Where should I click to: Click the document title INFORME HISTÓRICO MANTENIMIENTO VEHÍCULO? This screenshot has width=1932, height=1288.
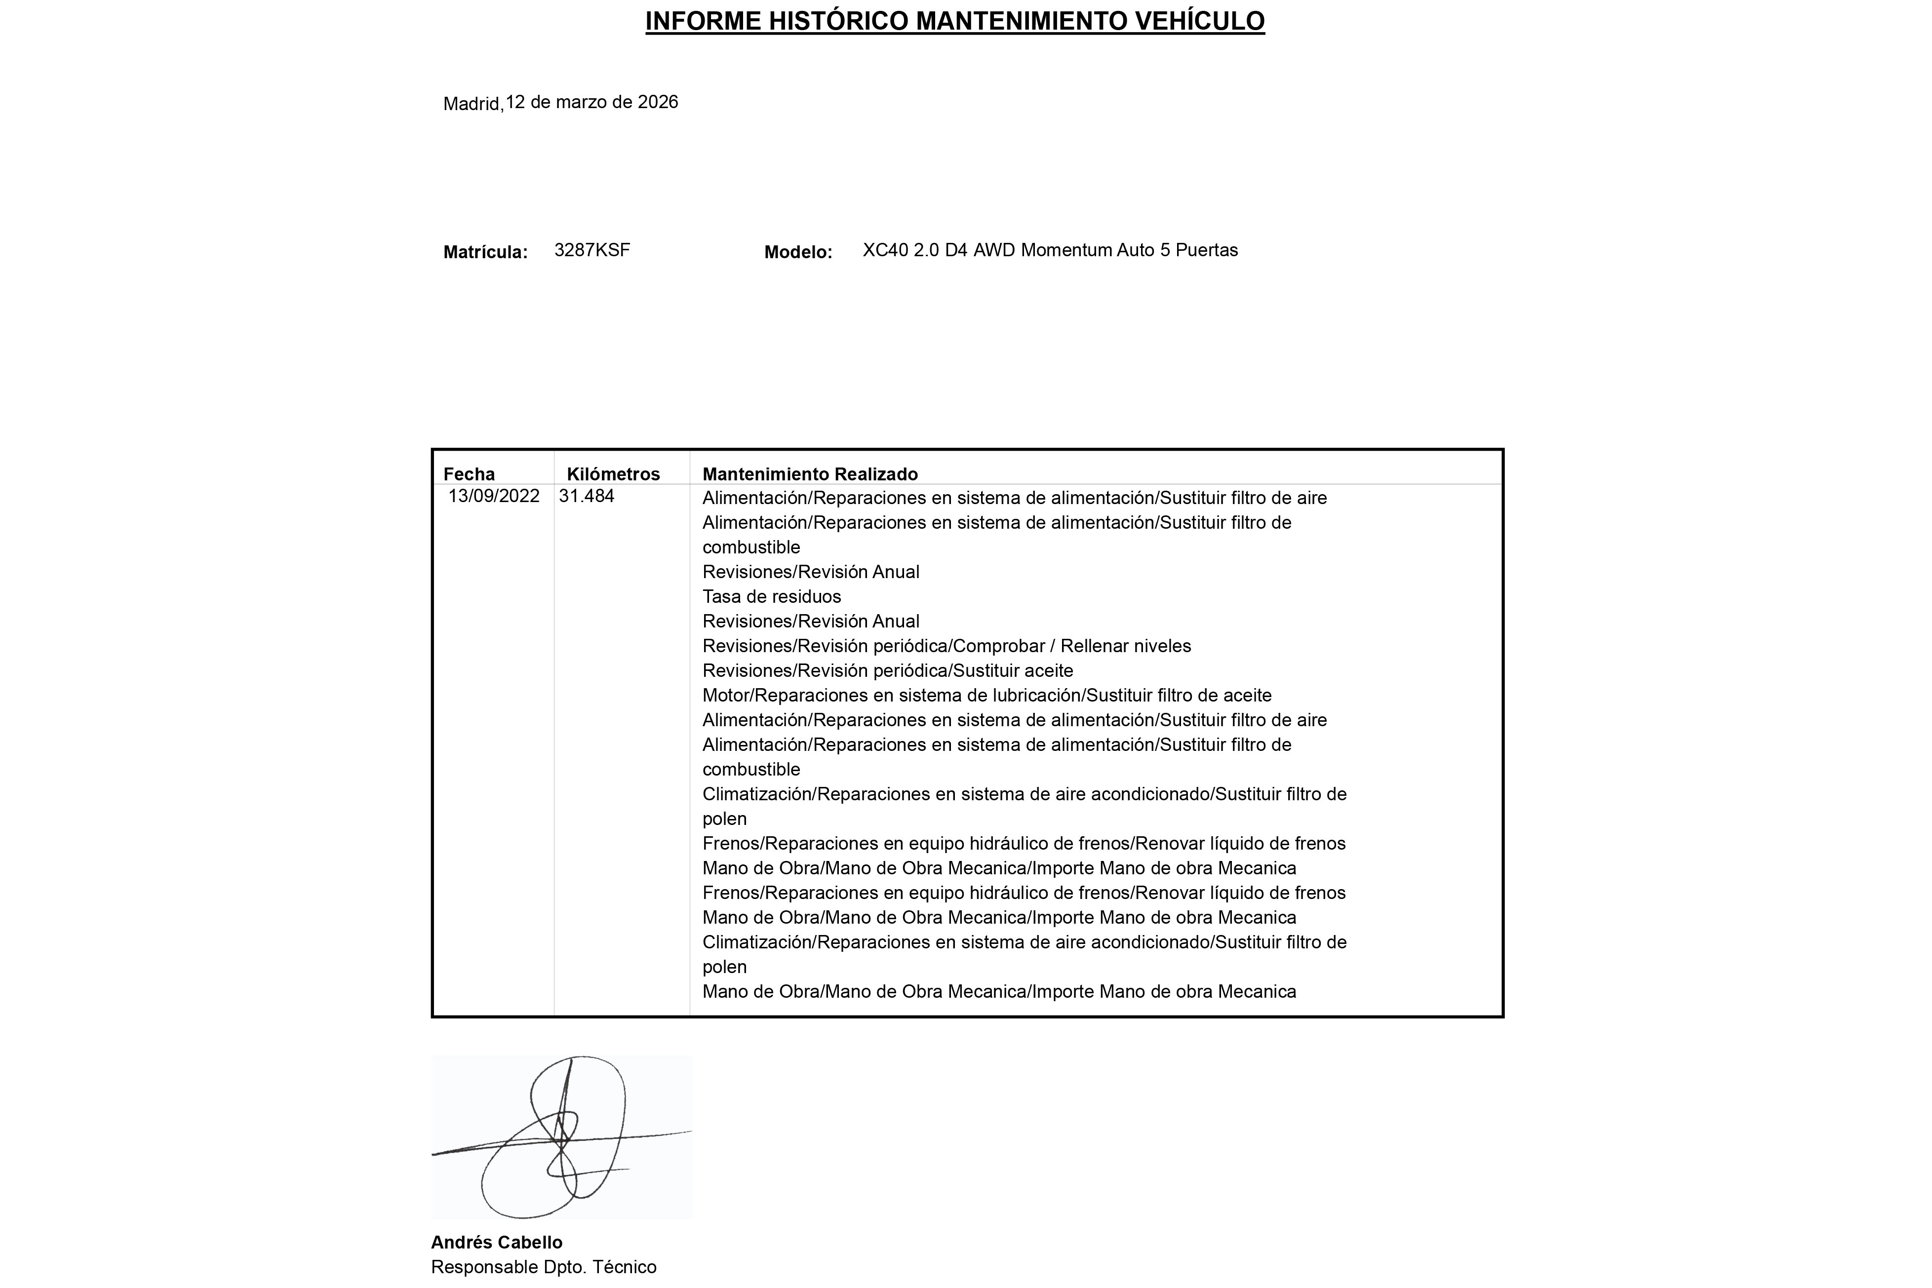(x=954, y=21)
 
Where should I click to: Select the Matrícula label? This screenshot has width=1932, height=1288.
(x=485, y=252)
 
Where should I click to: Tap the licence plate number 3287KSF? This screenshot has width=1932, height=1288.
(x=592, y=250)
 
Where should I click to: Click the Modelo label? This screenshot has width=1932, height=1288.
(x=797, y=252)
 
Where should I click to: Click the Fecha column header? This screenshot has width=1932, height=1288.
(x=469, y=474)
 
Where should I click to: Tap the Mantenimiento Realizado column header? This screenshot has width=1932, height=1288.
(x=810, y=474)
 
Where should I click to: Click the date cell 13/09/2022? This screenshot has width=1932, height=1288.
(x=494, y=496)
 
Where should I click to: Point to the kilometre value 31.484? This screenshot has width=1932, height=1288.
(x=587, y=496)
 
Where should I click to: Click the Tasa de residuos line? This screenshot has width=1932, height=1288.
(x=771, y=596)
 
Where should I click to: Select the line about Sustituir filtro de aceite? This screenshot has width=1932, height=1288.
(x=986, y=696)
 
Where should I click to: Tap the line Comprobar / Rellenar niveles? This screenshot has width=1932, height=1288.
(x=946, y=646)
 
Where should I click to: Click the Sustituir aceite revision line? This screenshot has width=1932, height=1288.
(x=887, y=671)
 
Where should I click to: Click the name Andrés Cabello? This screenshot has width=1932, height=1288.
(x=496, y=1242)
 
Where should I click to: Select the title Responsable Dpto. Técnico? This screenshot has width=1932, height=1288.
(x=543, y=1267)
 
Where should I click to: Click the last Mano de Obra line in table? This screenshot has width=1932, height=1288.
(x=999, y=991)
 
